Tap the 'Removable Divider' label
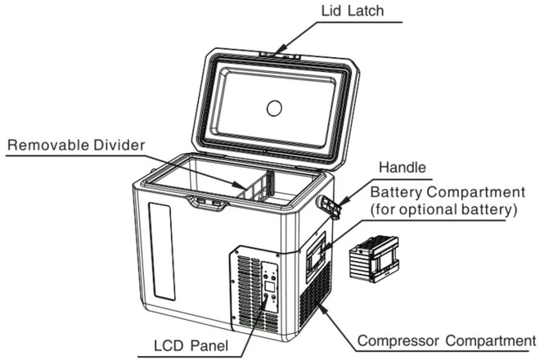(75, 146)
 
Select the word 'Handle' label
(402, 169)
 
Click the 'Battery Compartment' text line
(447, 192)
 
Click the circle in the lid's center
(276, 106)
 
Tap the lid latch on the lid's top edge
(279, 56)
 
